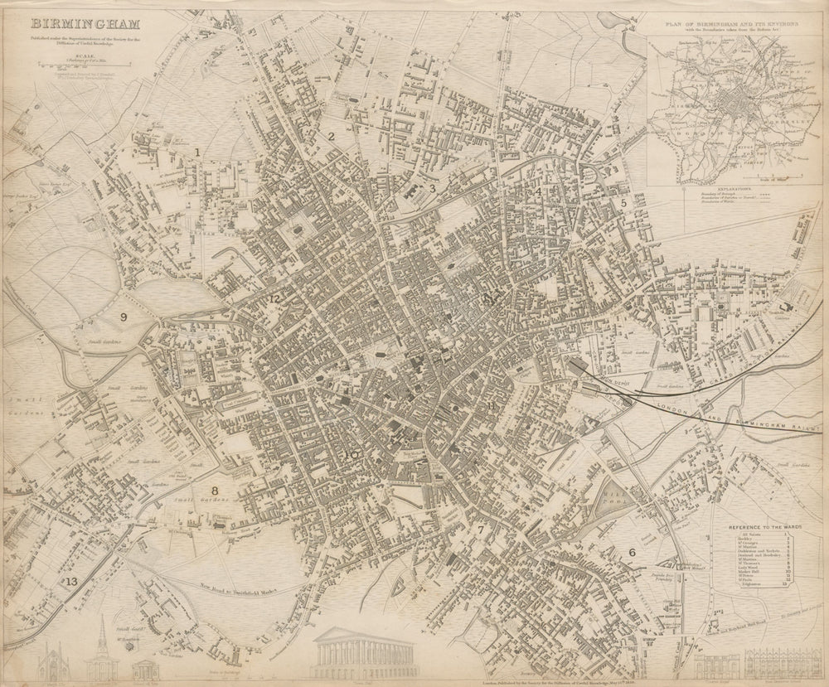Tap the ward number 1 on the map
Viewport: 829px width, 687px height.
pyautogui.click(x=197, y=151)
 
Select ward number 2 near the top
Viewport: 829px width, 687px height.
pyautogui.click(x=331, y=137)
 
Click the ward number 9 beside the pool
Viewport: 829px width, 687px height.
pyautogui.click(x=124, y=317)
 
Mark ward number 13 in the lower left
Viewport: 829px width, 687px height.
pyautogui.click(x=72, y=582)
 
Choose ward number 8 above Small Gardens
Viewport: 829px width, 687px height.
pyautogui.click(x=215, y=491)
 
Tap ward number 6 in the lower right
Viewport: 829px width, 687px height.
pyautogui.click(x=632, y=553)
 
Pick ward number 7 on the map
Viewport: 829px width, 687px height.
pyautogui.click(x=480, y=530)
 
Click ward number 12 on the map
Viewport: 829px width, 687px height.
pyautogui.click(x=273, y=298)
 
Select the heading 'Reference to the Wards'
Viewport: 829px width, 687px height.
pyautogui.click(x=757, y=527)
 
